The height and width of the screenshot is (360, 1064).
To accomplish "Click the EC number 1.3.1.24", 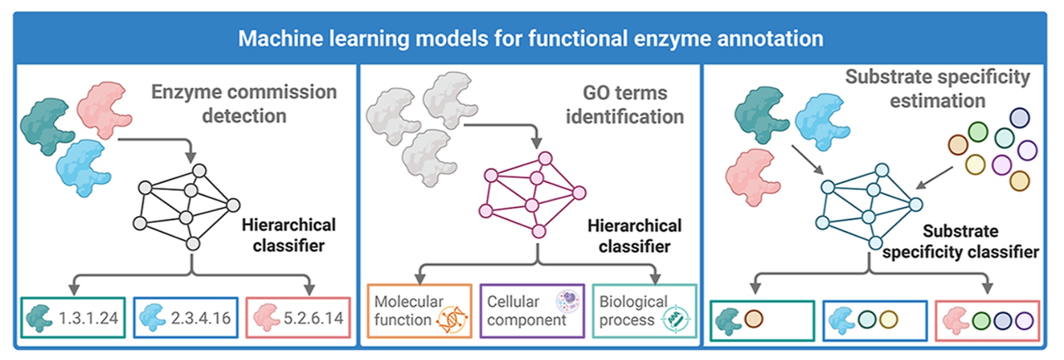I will pos(88,318).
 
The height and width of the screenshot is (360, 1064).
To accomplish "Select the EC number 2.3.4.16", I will pos(201,318).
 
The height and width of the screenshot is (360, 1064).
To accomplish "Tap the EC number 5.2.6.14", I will pos(313,318).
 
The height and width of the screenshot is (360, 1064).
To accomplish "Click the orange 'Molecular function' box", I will pos(419,311).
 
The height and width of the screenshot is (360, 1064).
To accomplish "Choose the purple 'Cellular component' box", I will pos(532,311).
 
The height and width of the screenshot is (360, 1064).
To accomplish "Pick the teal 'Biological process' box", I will pos(645,311).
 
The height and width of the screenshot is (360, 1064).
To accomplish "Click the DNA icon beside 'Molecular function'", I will pos(452,320).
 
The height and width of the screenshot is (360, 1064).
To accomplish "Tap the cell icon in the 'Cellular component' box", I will pos(568,301).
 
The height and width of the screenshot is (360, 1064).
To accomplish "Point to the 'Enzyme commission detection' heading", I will pos(244,103).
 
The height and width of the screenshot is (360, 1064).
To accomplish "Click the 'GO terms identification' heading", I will pos(625,105).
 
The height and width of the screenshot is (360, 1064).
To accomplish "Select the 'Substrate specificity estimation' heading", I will pos(937,88).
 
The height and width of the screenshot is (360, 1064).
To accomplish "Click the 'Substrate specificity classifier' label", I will pos(961,241).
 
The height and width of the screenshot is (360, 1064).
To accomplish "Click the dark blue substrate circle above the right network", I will pos(1019,118).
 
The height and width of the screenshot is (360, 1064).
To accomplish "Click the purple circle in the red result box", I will pos(1024,321).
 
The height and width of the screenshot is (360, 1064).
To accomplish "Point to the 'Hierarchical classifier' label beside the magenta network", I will pos(634,236).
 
